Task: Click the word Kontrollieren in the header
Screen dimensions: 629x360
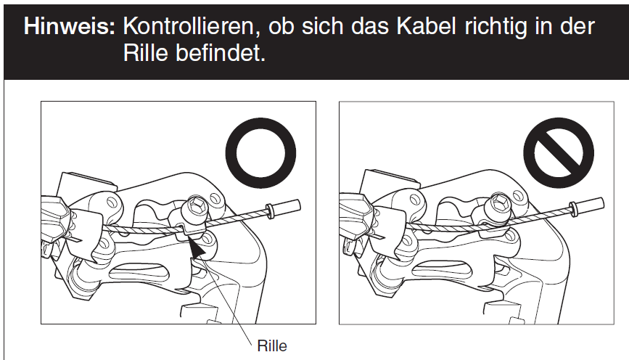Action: (189, 27)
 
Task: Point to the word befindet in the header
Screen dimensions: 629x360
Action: (221, 52)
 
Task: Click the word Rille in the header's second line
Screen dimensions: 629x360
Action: (145, 52)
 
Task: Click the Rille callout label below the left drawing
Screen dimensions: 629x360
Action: (272, 346)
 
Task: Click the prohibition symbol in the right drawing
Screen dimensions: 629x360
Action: (559, 152)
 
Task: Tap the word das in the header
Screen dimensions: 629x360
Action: (370, 26)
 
